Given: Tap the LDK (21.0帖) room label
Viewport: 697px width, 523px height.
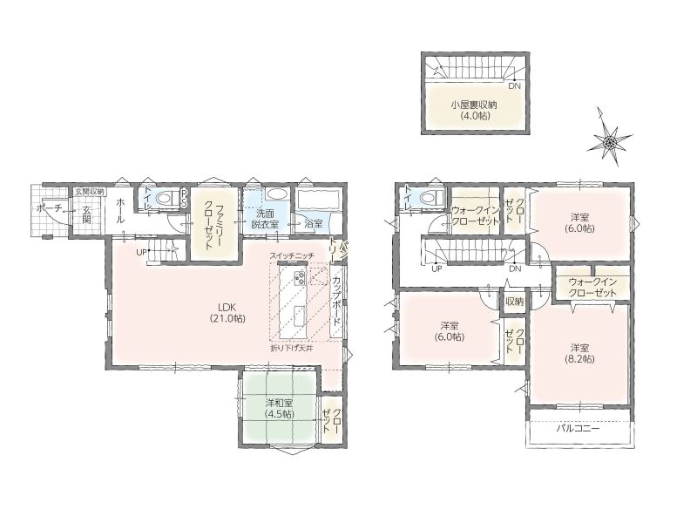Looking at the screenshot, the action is click(227, 313).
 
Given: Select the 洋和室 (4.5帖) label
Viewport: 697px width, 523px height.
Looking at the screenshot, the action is click(279, 408).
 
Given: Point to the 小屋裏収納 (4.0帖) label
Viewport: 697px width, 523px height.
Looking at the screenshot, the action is click(473, 111).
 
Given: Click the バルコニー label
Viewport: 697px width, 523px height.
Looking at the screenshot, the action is click(579, 429).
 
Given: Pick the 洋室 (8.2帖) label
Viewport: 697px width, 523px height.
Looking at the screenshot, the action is click(580, 354).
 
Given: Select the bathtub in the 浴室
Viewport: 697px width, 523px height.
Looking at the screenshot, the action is click(317, 200).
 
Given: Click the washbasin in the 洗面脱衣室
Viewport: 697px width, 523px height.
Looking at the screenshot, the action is click(277, 194).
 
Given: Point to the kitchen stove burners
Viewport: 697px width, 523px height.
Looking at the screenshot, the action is click(299, 278).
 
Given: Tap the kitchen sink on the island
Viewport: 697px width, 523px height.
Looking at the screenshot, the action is click(299, 313).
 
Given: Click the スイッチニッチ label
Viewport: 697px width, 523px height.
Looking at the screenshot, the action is click(292, 255).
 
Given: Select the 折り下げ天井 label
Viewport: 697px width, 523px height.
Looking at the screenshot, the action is click(292, 348).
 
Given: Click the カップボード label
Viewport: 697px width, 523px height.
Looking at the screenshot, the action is click(337, 301).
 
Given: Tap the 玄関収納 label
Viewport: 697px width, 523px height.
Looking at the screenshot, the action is click(89, 192).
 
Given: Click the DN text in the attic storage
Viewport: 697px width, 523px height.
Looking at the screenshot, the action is click(514, 86).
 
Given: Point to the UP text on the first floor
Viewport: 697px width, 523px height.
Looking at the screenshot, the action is click(141, 252).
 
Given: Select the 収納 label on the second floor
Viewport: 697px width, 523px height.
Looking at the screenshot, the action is click(514, 302).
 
